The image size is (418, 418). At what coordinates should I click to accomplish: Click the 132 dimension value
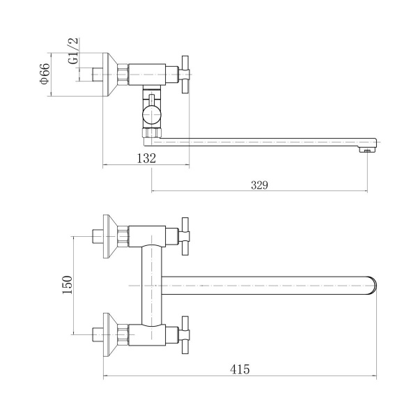[x=146, y=159]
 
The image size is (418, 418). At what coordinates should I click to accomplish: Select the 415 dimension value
[x=240, y=369]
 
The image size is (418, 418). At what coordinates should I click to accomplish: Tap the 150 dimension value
[x=68, y=285]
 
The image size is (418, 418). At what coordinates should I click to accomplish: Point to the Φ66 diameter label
[x=44, y=74]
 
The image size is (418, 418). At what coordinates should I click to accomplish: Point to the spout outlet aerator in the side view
[x=366, y=148]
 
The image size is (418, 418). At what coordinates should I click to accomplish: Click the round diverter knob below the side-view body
[x=151, y=113]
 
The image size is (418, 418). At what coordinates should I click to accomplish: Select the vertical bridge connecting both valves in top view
[x=150, y=286]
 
